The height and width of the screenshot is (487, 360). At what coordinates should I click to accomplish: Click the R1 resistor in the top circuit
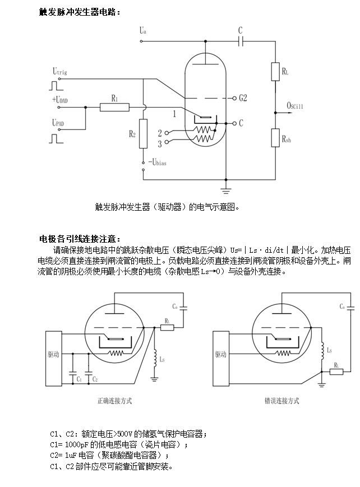click(115, 106)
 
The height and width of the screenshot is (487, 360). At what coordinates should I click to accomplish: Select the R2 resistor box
click(143, 133)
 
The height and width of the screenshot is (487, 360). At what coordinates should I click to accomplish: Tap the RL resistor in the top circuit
click(275, 71)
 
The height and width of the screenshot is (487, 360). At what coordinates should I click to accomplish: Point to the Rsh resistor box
click(275, 137)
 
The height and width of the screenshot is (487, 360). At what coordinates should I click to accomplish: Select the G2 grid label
click(243, 98)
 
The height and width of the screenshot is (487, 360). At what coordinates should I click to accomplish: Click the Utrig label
click(60, 71)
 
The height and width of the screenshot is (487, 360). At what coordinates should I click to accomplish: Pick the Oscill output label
click(294, 105)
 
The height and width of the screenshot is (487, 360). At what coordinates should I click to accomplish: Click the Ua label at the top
click(143, 31)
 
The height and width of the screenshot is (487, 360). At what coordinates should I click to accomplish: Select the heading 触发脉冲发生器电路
click(79, 11)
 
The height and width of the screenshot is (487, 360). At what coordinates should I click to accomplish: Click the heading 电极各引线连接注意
click(79, 239)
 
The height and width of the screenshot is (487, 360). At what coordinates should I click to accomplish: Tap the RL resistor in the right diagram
click(335, 371)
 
